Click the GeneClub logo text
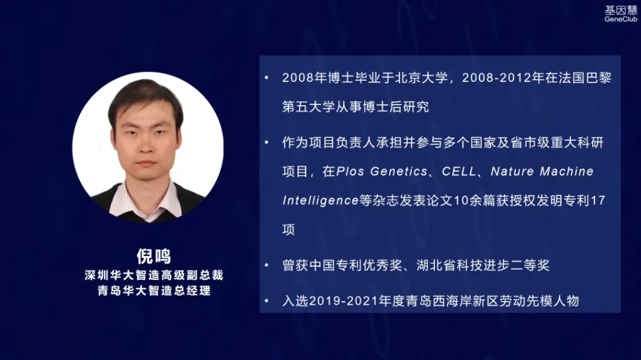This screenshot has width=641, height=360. click(620, 19)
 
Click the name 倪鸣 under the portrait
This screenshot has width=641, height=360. click(154, 257)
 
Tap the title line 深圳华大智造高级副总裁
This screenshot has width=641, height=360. click(154, 275)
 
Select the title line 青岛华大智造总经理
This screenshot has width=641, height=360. click(154, 291)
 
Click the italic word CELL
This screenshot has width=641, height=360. click(459, 172)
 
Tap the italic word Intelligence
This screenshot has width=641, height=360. click(320, 200)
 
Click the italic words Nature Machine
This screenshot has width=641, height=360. click(542, 172)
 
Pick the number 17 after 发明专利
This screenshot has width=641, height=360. click(598, 200)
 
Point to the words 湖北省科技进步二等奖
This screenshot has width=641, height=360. click(483, 265)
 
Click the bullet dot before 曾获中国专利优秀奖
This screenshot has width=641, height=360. click(267, 265)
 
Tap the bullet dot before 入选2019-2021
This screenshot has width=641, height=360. click(267, 301)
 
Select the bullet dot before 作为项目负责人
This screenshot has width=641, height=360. click(267, 143)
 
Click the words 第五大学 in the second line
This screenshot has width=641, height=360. click(309, 107)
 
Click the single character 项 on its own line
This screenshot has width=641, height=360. click(289, 230)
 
